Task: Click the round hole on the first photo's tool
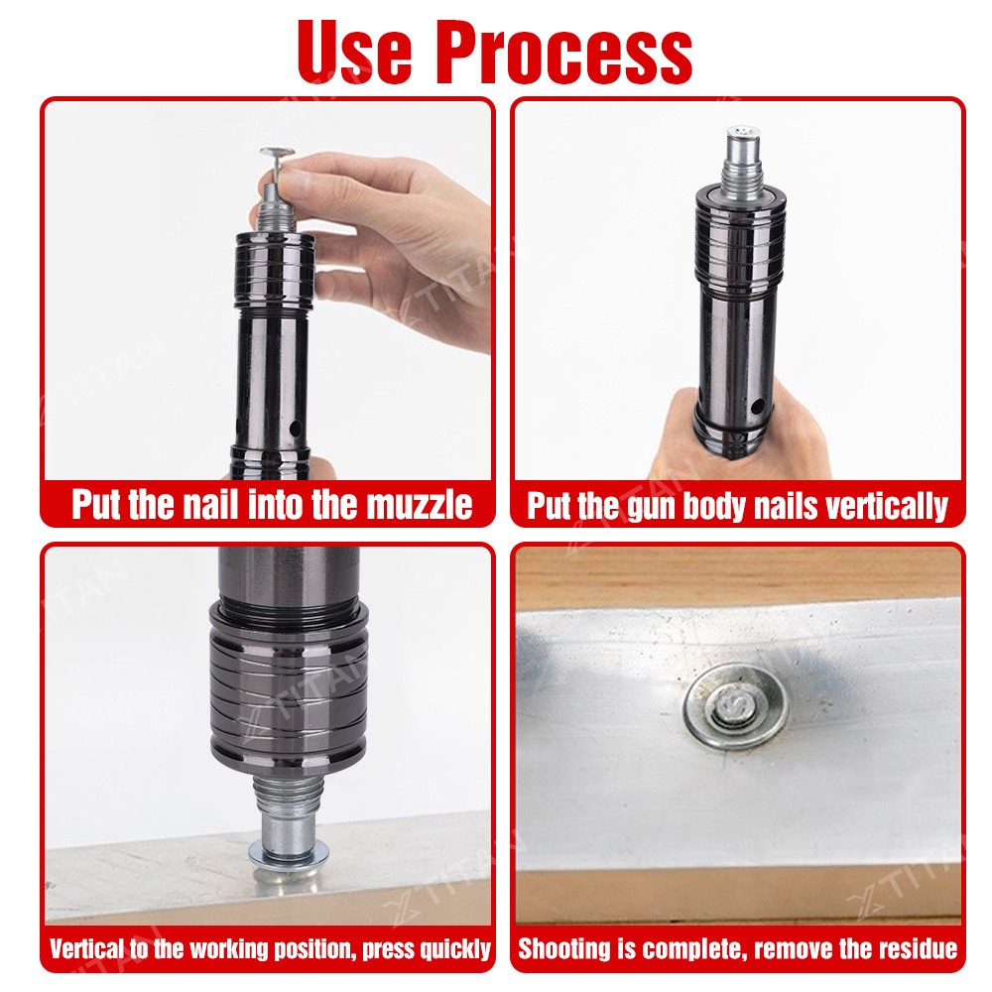(x=295, y=431)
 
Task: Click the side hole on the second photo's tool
(x=757, y=408)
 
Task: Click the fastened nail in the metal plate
(x=736, y=706)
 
